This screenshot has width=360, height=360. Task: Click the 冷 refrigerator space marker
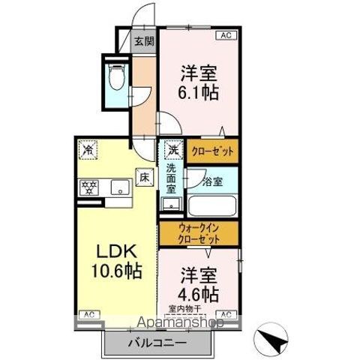(x=88, y=149)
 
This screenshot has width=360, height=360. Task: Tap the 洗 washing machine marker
(x=173, y=149)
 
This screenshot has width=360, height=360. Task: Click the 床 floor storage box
(x=142, y=177)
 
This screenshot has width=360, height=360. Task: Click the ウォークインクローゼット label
(x=199, y=233)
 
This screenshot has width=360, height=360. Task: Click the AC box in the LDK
(x=88, y=313)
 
